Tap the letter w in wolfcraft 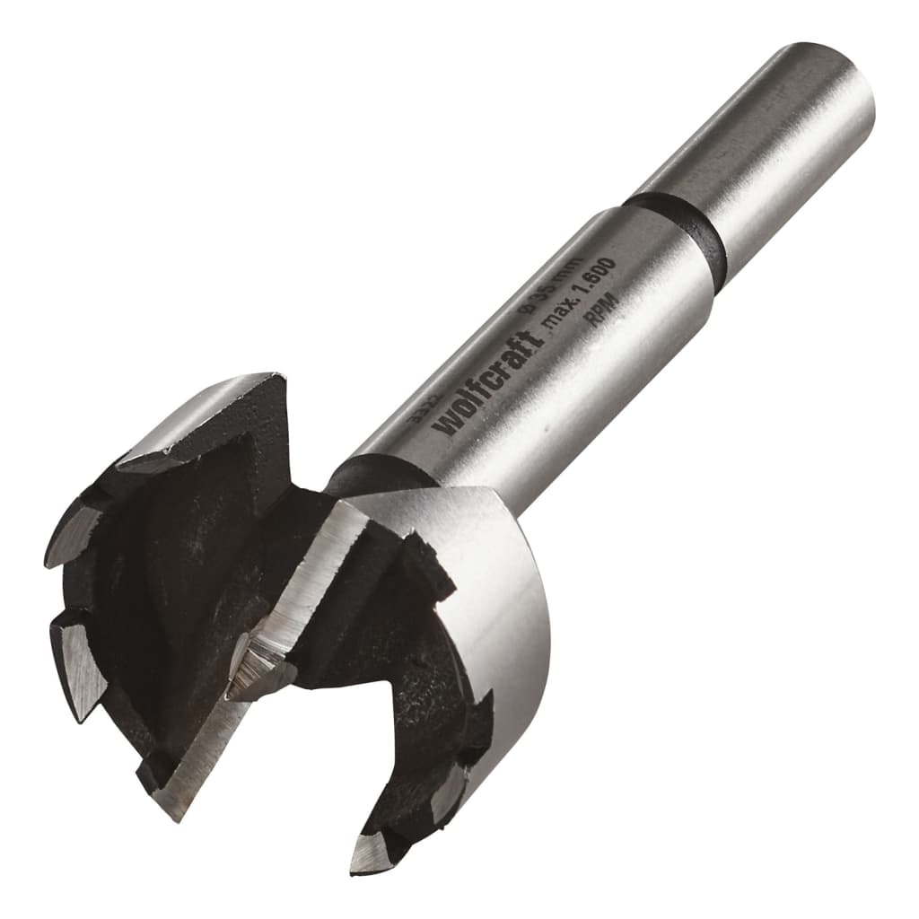click(x=448, y=422)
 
